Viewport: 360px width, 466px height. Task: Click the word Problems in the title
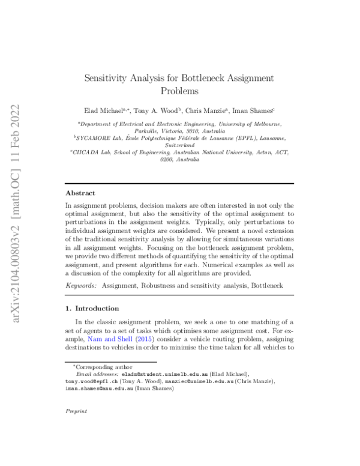point(179,91)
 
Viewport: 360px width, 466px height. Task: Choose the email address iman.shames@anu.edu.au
point(102,389)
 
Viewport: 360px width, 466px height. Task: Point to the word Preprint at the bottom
point(76,411)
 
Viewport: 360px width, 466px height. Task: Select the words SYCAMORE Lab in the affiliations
point(103,138)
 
